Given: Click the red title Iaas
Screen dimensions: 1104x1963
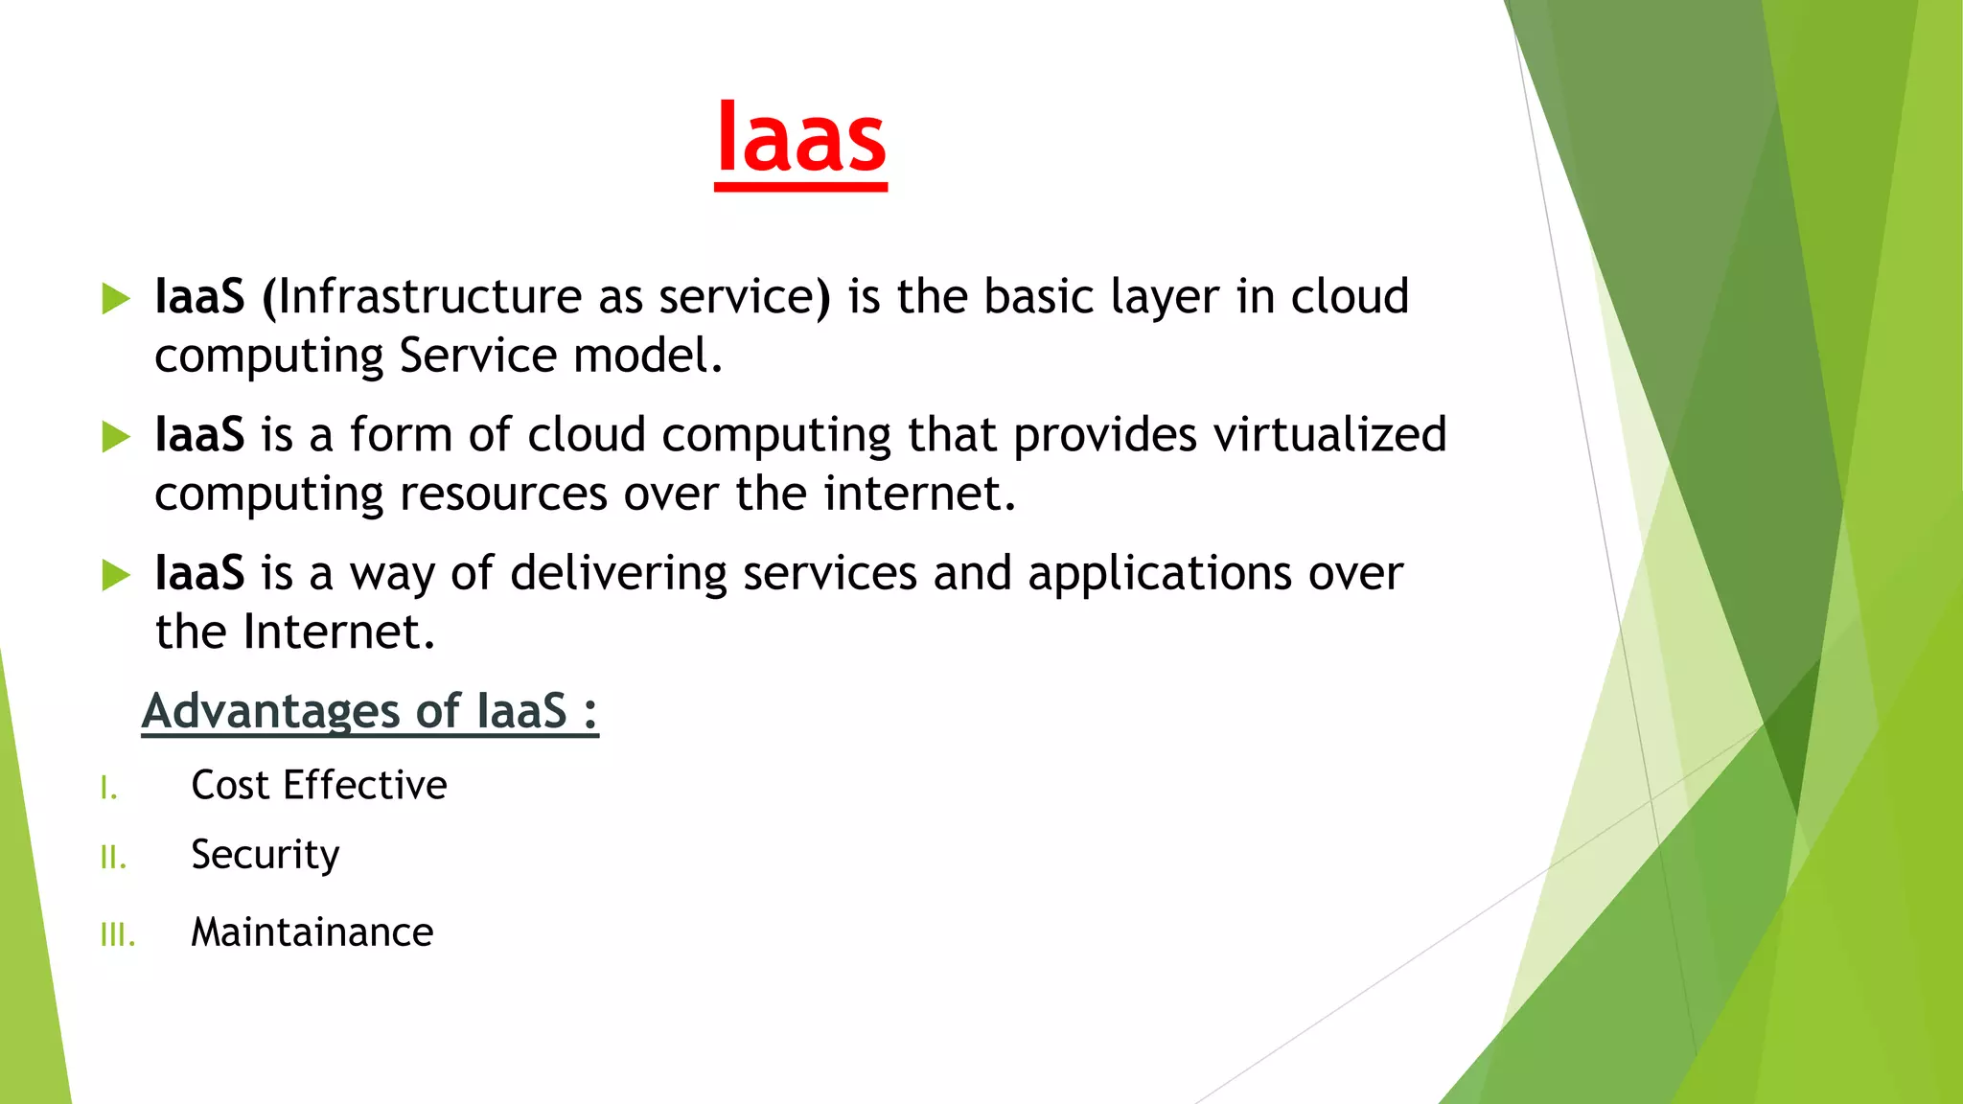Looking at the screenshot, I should (x=800, y=139).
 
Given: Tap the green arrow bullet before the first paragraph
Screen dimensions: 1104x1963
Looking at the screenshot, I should (x=115, y=298).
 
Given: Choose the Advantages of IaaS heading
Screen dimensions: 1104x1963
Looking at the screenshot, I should (x=370, y=711).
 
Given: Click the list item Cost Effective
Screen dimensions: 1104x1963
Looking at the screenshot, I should (x=318, y=785).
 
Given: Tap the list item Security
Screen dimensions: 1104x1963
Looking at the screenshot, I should (x=265, y=855).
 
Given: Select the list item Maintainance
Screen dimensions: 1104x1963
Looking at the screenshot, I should (x=312, y=932).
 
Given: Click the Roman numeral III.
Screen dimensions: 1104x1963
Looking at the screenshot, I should (x=118, y=934).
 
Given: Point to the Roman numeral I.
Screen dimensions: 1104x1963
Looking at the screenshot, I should (x=108, y=789).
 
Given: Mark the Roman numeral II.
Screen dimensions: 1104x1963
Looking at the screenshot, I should (x=113, y=858).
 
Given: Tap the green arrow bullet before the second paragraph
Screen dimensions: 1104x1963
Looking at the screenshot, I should (x=115, y=437).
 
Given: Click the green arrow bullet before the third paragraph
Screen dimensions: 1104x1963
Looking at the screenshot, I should (x=115, y=575).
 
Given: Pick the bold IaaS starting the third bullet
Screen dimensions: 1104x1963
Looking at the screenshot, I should (x=199, y=574).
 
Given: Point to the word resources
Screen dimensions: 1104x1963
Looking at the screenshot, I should (x=503, y=494).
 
